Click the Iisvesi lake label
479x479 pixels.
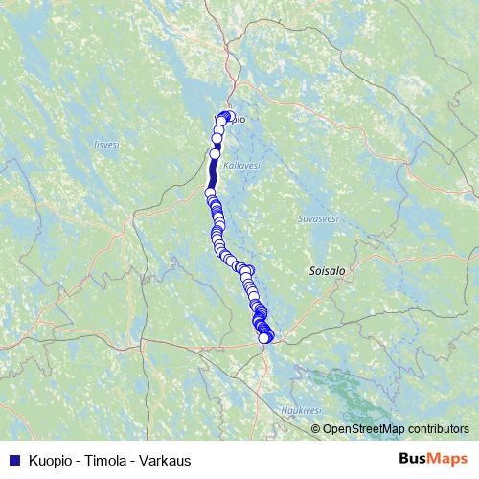click(105, 145)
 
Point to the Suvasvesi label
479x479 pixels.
click(318, 218)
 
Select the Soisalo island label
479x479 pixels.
click(327, 271)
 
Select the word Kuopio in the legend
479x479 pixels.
click(51, 461)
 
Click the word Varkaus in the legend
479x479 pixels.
click(167, 461)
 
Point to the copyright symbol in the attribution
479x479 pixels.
click(316, 428)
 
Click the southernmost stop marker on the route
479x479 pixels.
click(265, 337)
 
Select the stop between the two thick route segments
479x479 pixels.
click(216, 152)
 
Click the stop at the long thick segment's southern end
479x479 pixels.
click(210, 193)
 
